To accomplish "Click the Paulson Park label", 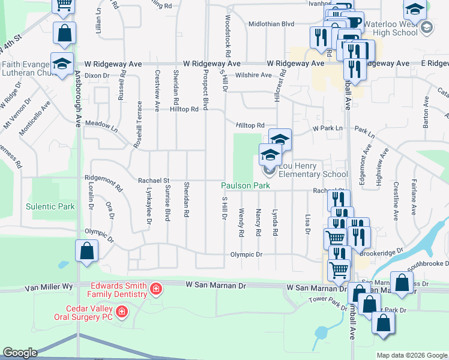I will pos(246,186).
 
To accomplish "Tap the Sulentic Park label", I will pos(50,206).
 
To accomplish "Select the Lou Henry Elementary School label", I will pos(310,174).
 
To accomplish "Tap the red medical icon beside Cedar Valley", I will pos(122,312).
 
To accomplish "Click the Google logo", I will pos(20,353).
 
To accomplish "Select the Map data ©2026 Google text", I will pos(411,355).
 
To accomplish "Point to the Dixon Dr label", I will pos(98,76).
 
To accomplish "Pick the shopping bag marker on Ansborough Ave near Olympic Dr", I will pos(86,251).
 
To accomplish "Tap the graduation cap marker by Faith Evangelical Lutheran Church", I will pos(61,64).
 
